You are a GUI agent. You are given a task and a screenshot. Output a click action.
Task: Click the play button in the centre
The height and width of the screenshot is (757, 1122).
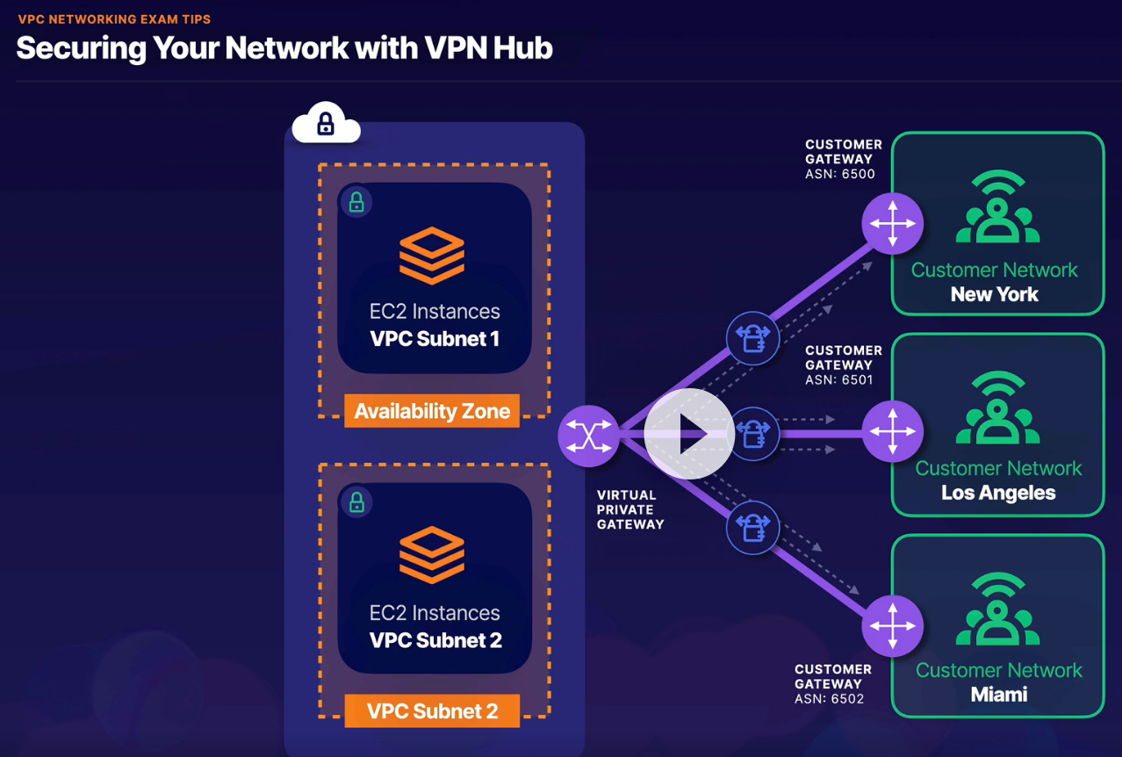tap(689, 433)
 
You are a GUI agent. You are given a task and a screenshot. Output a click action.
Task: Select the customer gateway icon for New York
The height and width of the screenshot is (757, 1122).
tap(892, 224)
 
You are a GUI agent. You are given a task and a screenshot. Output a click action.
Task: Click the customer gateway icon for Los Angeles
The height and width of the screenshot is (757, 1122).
tap(892, 431)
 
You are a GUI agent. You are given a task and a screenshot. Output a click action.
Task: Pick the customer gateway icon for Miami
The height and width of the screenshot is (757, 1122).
tap(892, 626)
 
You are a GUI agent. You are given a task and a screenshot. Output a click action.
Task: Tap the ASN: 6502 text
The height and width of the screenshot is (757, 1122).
tap(830, 699)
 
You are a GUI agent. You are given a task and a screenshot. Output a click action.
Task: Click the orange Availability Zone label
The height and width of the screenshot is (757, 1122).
tap(432, 411)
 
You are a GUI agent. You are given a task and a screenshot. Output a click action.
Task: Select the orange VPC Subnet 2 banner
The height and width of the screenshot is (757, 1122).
tap(432, 710)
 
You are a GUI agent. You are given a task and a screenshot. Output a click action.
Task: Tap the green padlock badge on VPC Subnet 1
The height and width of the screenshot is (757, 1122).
tap(356, 203)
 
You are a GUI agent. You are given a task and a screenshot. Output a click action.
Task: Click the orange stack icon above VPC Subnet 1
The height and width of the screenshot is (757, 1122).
tap(432, 255)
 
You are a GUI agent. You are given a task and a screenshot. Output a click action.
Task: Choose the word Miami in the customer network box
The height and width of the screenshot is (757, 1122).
tap(998, 695)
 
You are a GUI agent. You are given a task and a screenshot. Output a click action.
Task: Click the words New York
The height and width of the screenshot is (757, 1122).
tap(995, 294)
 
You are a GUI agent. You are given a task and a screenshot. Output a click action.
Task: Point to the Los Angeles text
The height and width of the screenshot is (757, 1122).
tap(998, 493)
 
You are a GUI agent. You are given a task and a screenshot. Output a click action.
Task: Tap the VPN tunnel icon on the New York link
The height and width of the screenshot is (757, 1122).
tap(752, 338)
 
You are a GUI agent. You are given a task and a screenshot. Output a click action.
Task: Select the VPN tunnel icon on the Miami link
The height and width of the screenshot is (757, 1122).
tap(752, 527)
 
